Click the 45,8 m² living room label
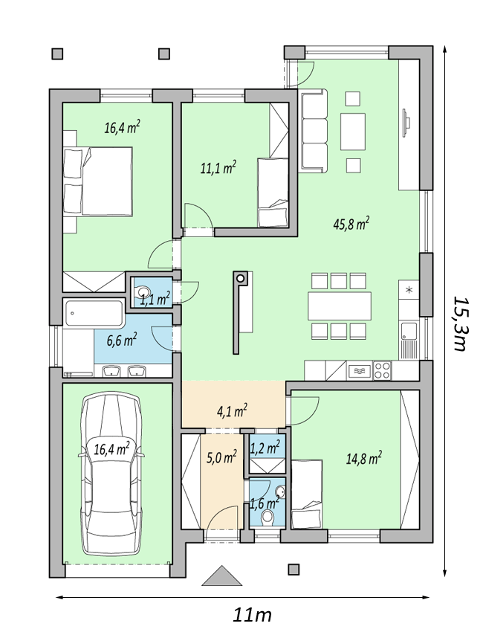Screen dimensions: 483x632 tap(351, 223)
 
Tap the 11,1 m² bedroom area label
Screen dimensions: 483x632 tap(218, 167)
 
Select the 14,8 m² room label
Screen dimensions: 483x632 tap(364, 458)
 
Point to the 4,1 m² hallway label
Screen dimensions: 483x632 tap(232, 411)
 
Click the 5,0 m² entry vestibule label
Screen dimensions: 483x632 tap(221, 457)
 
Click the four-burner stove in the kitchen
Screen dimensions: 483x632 tap(382, 370)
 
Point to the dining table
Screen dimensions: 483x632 tap(339, 306)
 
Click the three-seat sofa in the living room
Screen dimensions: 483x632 tap(313, 131)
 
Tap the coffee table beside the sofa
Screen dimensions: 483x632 tap(353, 132)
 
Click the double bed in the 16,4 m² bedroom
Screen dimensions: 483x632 tap(98, 181)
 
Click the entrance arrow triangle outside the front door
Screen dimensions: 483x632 tap(221, 575)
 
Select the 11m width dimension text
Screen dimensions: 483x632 tap(253, 615)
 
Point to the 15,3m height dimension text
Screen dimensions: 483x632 tap(461, 323)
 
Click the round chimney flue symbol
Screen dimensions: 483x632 tap(241, 278)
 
